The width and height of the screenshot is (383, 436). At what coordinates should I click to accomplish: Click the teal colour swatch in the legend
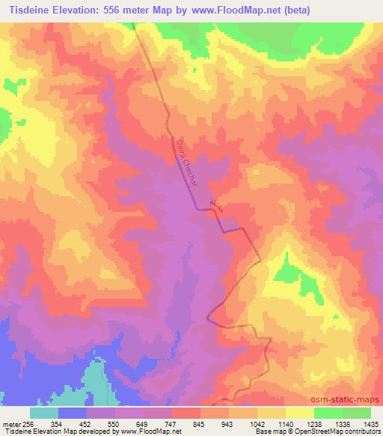point(43,412)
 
